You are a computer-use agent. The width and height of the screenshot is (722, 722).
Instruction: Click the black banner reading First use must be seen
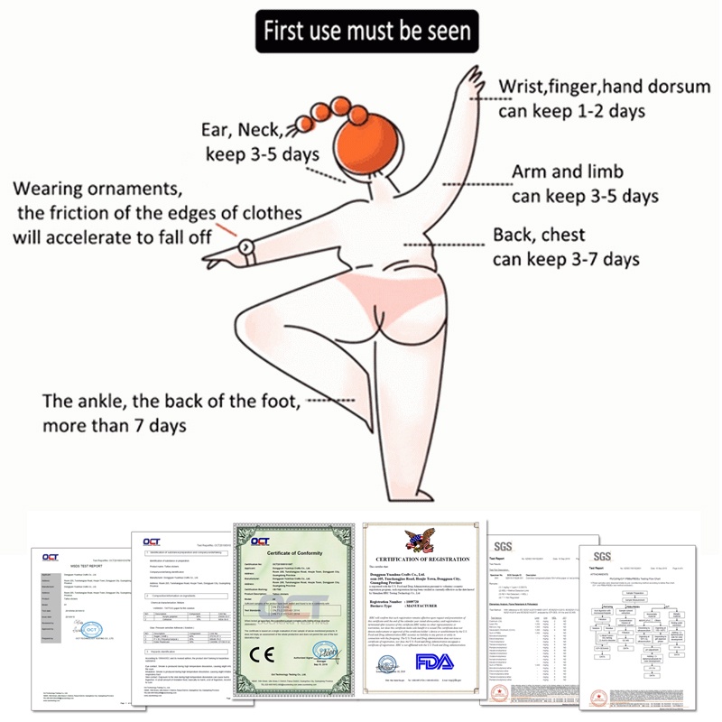(365, 32)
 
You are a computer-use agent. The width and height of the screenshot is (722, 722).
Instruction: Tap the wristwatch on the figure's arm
(246, 246)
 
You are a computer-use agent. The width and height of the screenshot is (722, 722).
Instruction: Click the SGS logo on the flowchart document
(601, 556)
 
